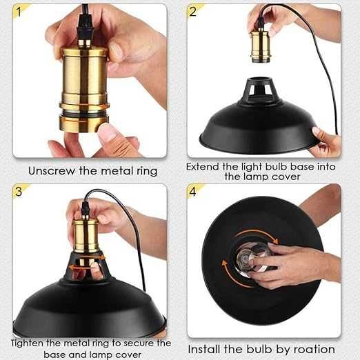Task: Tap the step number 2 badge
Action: tap(194, 10)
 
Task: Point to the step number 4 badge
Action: tap(194, 191)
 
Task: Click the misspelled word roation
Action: tap(314, 349)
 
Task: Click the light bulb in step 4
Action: tap(252, 259)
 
